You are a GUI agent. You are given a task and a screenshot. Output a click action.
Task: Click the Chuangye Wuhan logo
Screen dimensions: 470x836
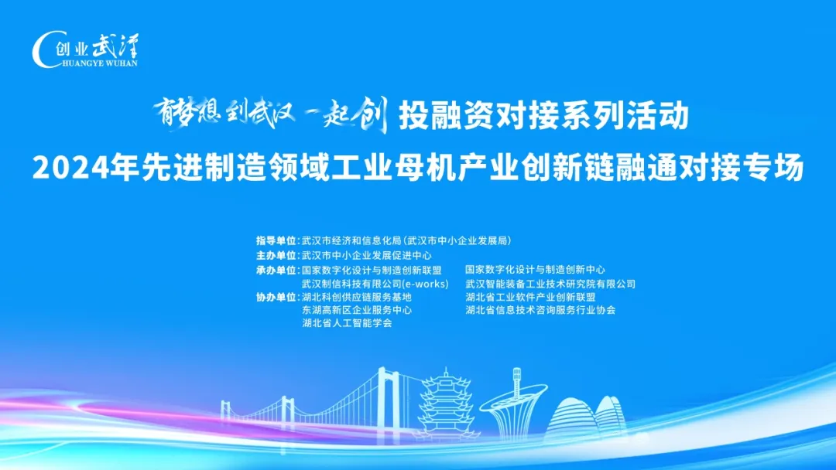click(85, 50)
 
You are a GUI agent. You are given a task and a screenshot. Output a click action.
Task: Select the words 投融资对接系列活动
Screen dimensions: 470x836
click(543, 117)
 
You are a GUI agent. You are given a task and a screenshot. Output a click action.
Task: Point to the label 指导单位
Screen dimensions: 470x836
click(276, 240)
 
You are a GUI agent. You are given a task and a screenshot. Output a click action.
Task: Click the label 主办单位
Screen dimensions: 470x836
click(276, 255)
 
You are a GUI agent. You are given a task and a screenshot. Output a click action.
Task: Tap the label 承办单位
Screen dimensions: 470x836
click(276, 270)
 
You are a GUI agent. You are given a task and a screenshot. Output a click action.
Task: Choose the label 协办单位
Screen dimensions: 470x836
click(276, 297)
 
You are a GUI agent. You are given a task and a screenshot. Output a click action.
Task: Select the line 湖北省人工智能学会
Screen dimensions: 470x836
click(347, 323)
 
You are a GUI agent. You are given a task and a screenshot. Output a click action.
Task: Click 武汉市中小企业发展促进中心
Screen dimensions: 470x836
click(366, 255)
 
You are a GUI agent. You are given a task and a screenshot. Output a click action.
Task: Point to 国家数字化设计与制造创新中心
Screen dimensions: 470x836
click(535, 270)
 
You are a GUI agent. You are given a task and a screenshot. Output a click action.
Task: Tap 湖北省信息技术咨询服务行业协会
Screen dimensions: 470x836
click(540, 310)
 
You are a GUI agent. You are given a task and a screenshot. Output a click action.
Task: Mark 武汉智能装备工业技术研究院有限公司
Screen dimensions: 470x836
click(550, 284)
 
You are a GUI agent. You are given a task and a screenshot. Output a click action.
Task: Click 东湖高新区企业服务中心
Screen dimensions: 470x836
click(357, 310)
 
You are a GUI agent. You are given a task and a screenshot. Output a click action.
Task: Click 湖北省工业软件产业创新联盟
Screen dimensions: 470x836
click(530, 297)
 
